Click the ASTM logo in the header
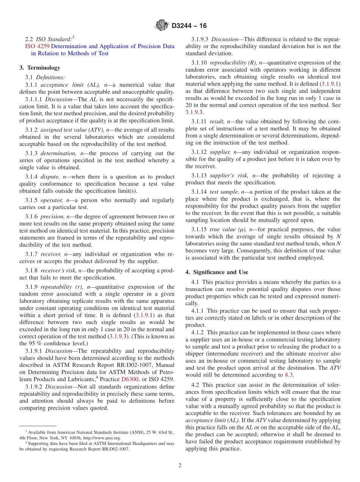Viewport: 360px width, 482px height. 162,26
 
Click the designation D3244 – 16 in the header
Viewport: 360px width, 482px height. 189,26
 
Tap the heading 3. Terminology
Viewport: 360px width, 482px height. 40,68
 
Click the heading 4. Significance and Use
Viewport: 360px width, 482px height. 217,272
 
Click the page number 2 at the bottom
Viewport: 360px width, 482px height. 180,465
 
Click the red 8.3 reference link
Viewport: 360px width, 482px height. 289,375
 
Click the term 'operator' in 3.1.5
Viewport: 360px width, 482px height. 52,200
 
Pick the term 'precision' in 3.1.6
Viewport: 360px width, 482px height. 53,216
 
